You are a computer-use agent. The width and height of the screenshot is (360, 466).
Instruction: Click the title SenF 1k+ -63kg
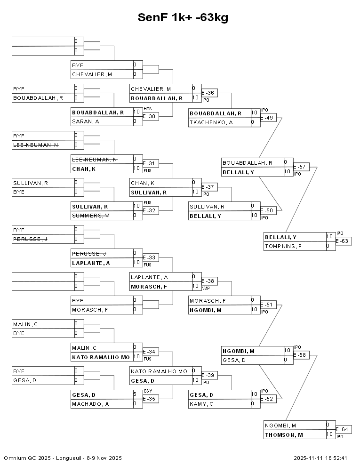click(183, 17)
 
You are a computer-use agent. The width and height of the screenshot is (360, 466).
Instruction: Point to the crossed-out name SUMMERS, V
click(90, 216)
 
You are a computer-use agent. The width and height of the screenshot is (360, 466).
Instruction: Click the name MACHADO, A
click(90, 404)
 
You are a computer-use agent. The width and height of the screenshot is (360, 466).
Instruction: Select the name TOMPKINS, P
click(283, 246)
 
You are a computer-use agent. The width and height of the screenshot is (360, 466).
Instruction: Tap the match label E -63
click(344, 241)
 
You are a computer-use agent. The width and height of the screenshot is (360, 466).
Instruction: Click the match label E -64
click(344, 429)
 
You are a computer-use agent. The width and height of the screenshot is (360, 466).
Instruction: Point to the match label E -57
click(301, 167)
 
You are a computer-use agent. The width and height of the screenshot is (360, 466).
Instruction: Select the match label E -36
click(209, 93)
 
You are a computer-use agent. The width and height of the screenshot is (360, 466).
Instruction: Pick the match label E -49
click(268, 117)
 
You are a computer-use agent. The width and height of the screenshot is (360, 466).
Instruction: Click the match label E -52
click(268, 399)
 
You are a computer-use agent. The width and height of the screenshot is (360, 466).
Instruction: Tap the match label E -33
click(151, 257)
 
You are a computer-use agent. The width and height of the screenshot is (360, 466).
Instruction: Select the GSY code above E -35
click(147, 391)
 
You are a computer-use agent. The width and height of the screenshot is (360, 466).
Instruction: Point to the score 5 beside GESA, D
click(135, 394)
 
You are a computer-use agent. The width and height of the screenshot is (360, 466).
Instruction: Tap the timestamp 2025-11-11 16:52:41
click(320, 458)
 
